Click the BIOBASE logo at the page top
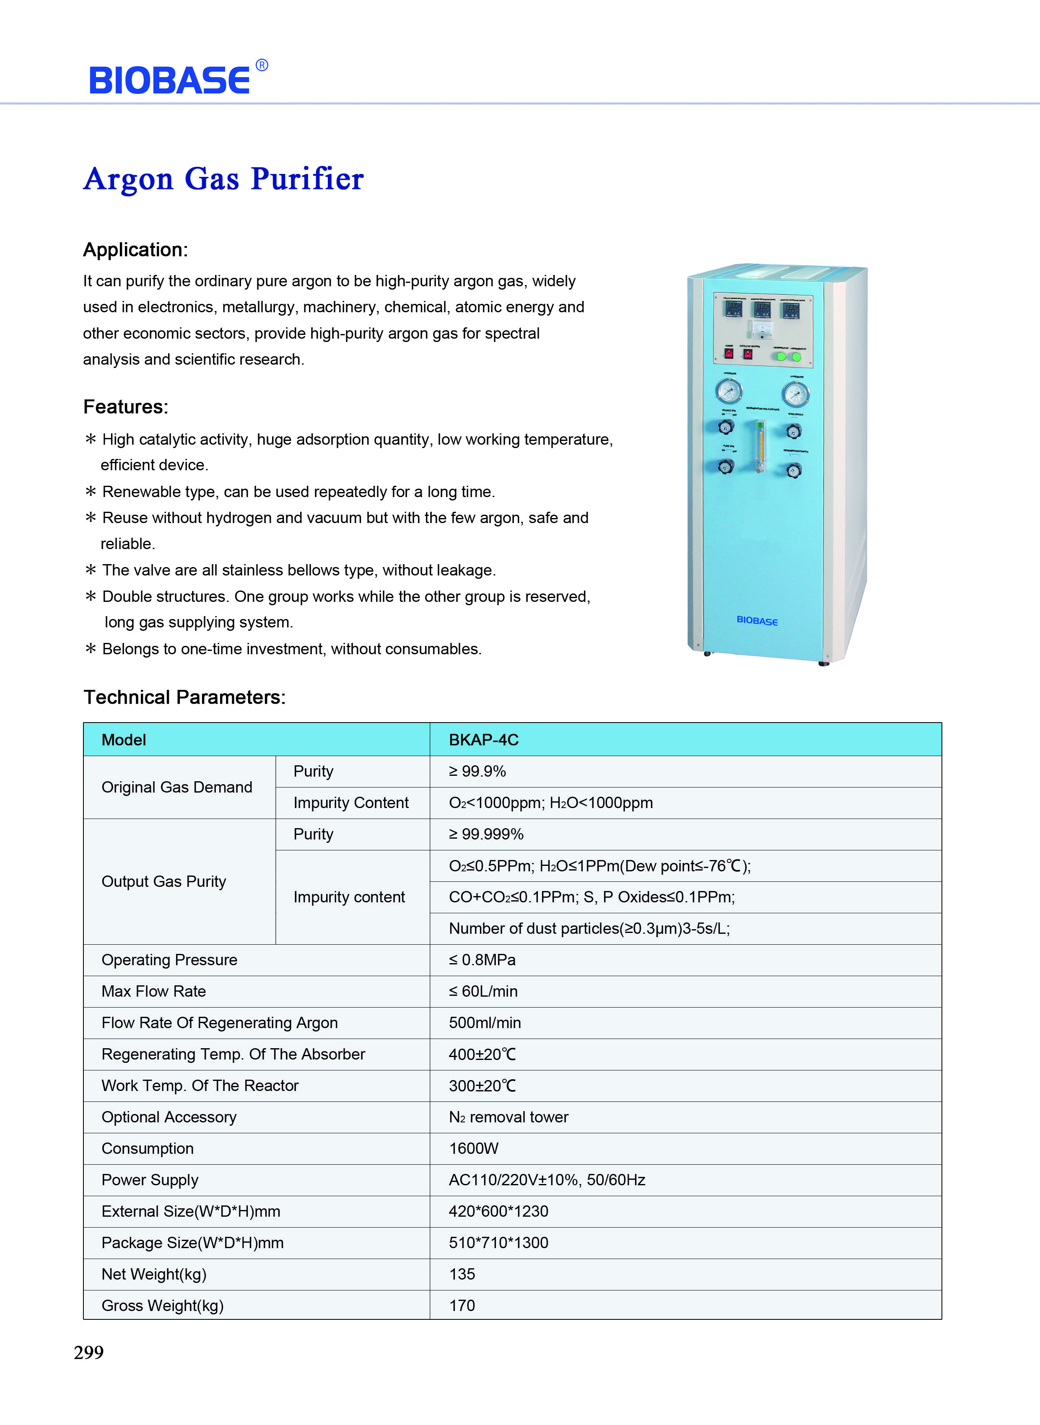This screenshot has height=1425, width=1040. (170, 80)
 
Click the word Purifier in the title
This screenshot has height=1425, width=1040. (307, 179)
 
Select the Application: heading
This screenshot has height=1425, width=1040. (135, 250)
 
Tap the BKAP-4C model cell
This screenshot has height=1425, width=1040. (483, 740)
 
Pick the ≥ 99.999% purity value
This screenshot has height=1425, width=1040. (486, 834)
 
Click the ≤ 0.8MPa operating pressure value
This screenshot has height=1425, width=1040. (482, 960)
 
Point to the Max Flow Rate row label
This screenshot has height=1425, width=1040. (153, 991)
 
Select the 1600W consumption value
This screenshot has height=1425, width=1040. (473, 1149)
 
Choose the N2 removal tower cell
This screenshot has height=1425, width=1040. (508, 1117)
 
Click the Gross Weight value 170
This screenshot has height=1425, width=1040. (462, 1306)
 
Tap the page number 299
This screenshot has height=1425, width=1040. (89, 1352)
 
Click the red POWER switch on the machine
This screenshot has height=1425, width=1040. (729, 354)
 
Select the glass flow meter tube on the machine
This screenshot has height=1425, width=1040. (760, 447)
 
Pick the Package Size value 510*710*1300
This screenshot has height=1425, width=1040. (498, 1242)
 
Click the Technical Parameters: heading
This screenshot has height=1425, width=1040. (184, 697)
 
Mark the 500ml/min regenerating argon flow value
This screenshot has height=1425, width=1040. (485, 1023)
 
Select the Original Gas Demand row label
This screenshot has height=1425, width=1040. (177, 788)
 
